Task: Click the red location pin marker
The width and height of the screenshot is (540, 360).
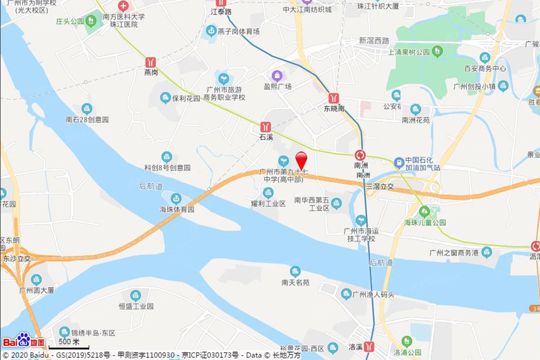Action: pos(301,160)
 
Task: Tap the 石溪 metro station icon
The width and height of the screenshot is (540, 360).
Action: pos(265,127)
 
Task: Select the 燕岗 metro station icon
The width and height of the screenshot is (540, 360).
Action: pos(150,62)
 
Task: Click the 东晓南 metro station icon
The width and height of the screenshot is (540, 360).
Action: pos(334,98)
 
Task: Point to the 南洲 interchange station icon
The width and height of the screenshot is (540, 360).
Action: pos(360,155)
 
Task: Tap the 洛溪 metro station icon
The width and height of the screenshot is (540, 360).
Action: pos(369,346)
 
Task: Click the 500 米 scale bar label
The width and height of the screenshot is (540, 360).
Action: pos(69,341)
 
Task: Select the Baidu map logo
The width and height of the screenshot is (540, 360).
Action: pos(24,341)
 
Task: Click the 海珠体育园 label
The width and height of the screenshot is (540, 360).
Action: pos(177,210)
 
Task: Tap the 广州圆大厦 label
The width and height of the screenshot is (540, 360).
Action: pos(37,290)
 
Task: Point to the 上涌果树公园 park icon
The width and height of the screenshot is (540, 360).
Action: pos(437,51)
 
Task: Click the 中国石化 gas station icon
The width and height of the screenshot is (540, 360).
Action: pos(399,162)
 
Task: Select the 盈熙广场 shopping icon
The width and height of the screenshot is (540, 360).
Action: pos(277,76)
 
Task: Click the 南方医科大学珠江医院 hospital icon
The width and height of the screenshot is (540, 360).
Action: pos(123,6)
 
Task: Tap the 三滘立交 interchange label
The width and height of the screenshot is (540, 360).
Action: pos(380,186)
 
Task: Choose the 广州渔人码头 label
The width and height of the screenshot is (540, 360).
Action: pos(373,295)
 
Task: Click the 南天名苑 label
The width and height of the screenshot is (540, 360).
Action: pos(295,282)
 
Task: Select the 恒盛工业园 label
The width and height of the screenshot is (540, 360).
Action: pos(136,306)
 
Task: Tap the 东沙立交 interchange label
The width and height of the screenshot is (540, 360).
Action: pos(17,259)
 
